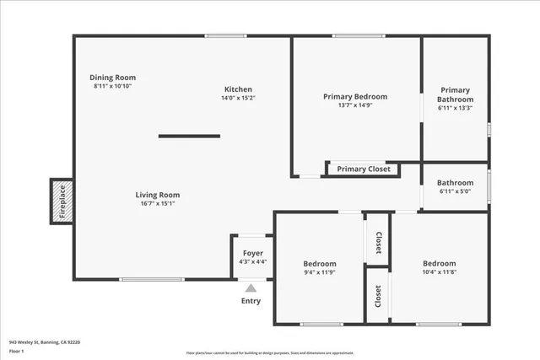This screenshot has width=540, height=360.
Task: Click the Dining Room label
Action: tap(114, 78)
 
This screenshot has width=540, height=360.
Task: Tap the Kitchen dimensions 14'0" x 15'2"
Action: tap(238, 98)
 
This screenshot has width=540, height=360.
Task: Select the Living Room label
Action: tap(158, 195)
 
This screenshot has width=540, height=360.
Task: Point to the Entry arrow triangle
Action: tap(251, 288)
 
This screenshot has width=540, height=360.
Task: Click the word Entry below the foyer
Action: tap(251, 301)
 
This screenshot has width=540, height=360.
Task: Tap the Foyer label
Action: tap(253, 253)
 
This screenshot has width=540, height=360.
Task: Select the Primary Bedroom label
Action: tap(355, 97)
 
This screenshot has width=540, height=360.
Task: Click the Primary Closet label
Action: tap(364, 169)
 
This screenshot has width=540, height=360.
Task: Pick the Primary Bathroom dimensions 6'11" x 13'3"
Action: tap(455, 108)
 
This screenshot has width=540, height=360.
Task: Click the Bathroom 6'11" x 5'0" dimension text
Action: tap(455, 192)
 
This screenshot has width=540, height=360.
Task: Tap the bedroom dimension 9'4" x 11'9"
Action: tap(320, 273)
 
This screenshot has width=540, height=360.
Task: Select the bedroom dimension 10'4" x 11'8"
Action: tap(440, 273)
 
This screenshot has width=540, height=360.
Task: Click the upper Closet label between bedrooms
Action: tap(378, 243)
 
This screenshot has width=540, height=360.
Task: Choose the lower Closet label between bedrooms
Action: tap(378, 296)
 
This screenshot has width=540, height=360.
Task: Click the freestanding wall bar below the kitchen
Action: tap(189, 137)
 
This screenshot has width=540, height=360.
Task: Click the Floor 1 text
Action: tap(17, 351)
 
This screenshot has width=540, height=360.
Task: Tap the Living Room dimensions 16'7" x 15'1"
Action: tap(158, 203)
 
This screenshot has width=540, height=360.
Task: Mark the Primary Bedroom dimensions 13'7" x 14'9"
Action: tap(355, 105)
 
